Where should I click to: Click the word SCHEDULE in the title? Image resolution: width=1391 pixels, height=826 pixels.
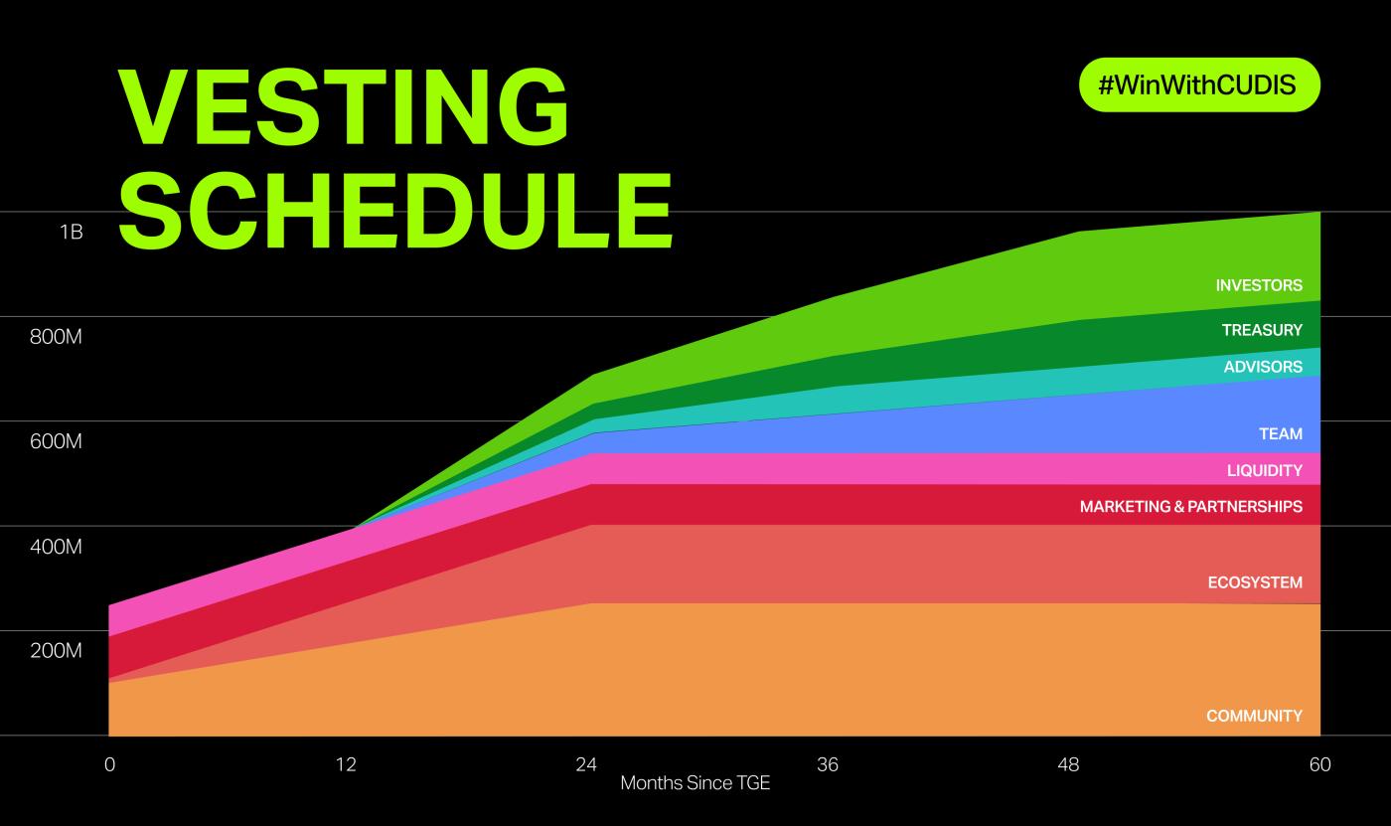point(395,211)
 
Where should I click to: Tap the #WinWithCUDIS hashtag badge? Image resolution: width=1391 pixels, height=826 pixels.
point(1199,85)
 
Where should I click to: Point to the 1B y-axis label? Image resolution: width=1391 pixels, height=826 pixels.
point(72,232)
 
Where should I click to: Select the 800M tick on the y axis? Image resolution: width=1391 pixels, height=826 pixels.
point(56,337)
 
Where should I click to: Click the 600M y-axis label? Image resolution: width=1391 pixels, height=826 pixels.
point(56,441)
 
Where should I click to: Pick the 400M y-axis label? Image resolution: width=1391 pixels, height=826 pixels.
point(56,547)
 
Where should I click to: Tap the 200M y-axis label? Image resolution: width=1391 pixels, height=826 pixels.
point(56,650)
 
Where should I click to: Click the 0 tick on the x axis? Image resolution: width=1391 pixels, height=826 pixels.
point(110,764)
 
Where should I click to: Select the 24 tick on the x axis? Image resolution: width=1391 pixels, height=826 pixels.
point(586,764)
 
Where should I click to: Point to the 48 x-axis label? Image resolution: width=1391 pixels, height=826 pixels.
point(1068,764)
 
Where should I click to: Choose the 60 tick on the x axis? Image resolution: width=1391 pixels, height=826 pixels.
point(1319,764)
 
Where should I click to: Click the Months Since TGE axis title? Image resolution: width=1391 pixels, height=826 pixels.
point(695,783)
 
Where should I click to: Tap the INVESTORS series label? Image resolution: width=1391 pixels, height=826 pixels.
point(1259,285)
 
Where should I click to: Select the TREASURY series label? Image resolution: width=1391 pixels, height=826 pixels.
point(1262,330)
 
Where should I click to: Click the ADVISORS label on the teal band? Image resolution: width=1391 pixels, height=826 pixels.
point(1263,367)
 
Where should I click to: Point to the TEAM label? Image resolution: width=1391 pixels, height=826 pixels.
point(1281,433)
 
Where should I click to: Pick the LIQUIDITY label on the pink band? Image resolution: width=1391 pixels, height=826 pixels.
point(1264,470)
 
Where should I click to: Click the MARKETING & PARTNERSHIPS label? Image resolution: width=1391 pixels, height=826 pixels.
point(1191,506)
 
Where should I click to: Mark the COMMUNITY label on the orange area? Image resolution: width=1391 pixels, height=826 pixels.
point(1254,716)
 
